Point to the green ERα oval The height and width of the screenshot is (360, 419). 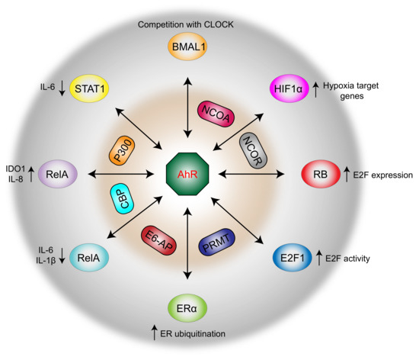click(x=188, y=310)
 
